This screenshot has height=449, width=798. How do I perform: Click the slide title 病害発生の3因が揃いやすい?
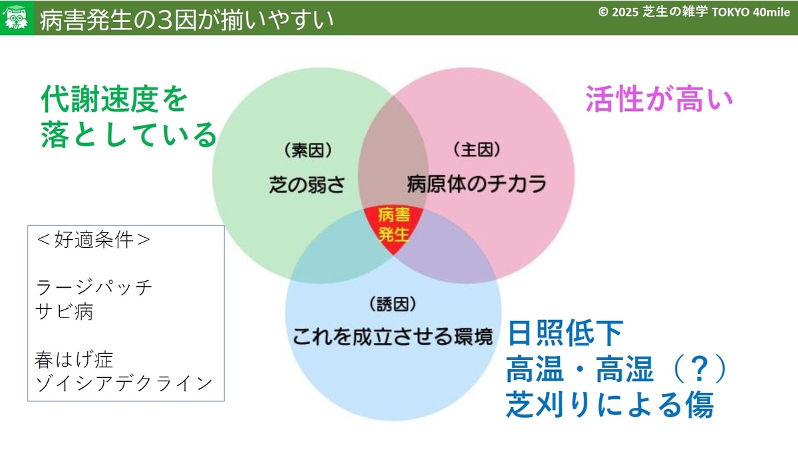tap(186, 19)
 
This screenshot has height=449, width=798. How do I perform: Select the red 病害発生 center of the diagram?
tap(393, 228)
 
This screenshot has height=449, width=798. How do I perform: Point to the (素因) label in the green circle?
tap(308, 150)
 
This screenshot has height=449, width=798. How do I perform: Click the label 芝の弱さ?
tap(307, 185)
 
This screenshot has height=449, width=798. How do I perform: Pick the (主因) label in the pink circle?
tap(477, 149)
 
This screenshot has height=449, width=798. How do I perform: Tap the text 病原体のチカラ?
tap(477, 184)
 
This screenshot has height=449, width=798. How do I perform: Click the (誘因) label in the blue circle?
tap(392, 304)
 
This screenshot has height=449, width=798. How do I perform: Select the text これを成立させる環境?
tap(392, 337)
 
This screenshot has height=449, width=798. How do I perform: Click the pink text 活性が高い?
tap(659, 98)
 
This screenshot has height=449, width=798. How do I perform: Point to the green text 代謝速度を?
tap(114, 98)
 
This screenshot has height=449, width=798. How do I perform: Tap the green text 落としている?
tap(128, 134)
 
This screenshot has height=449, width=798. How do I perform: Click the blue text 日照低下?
tap(565, 333)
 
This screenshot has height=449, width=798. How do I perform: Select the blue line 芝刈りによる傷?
tap(610, 404)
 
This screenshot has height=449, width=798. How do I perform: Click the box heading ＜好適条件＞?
tap(93, 239)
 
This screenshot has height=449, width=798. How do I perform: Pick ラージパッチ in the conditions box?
tap(94, 287)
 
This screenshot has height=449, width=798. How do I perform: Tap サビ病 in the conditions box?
tap(64, 312)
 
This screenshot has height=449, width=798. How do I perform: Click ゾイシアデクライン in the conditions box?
tap(124, 383)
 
